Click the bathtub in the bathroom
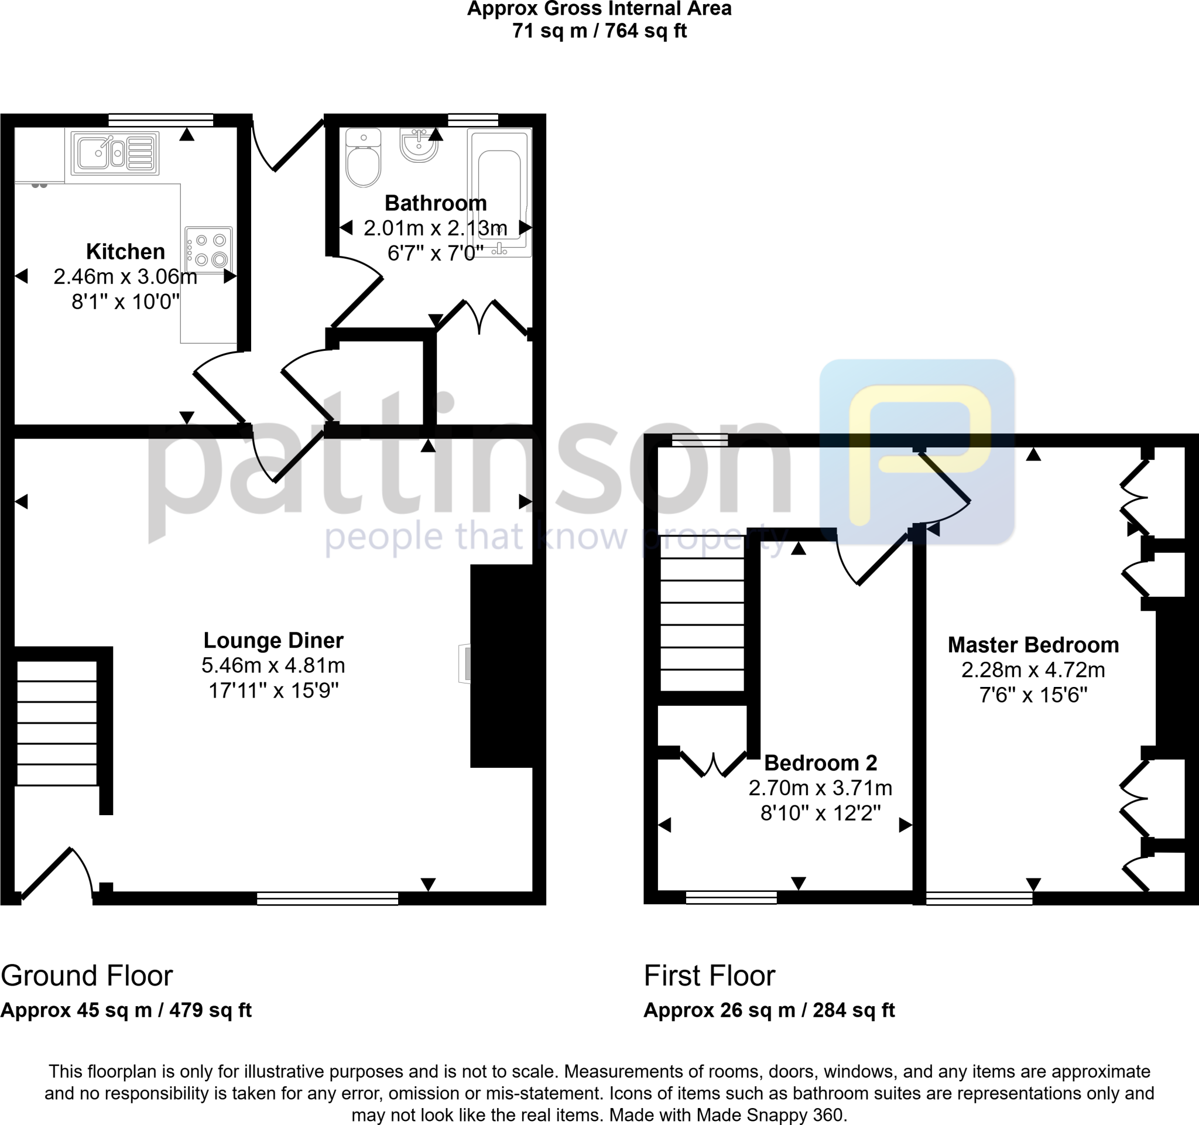coord(500,193)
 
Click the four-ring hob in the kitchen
coord(208,249)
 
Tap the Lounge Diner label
coord(273,640)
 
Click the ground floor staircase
coord(56,723)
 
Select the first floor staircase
coord(702,624)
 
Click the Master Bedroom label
coord(1033,645)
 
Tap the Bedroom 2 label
coord(820,763)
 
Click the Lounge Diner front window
coord(327,899)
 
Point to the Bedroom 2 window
coord(731,898)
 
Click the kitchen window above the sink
coord(161,120)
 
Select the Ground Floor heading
coord(87,976)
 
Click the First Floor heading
coord(709,976)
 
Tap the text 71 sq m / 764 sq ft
coord(599,31)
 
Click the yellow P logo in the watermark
coord(917,453)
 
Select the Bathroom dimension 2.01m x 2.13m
coord(436,228)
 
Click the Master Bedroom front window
coord(979,899)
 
